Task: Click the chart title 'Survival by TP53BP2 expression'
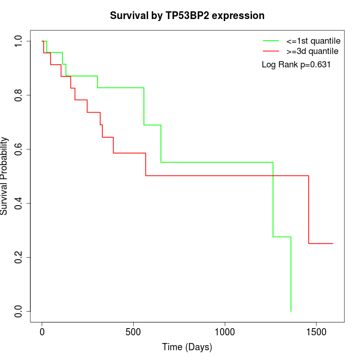(x=187, y=16)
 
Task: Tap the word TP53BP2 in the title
(x=187, y=16)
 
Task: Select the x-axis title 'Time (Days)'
(x=187, y=347)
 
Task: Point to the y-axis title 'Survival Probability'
(x=5, y=175)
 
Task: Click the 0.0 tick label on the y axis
(x=19, y=311)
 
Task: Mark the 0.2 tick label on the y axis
(x=19, y=257)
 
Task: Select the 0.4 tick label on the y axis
(x=19, y=203)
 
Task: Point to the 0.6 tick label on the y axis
(x=19, y=149)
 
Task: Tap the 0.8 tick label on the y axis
(x=19, y=95)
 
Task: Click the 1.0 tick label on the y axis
(x=19, y=41)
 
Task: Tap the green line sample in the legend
(x=271, y=40)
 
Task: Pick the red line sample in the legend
(x=271, y=51)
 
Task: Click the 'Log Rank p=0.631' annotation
(x=296, y=65)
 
